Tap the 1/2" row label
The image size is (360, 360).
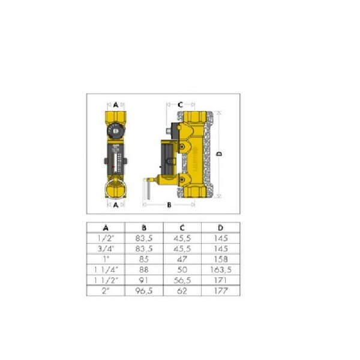[106, 238]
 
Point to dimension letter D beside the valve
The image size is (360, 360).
[219, 154]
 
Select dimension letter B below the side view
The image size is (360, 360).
[169, 205]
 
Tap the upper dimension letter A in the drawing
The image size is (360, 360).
[116, 104]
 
